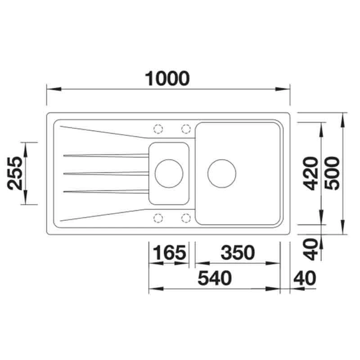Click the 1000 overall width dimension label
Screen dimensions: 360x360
coord(167,78)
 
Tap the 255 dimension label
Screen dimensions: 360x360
coord(15,173)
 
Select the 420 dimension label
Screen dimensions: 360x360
coord(310,173)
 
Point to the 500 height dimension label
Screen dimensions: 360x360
coord(332,173)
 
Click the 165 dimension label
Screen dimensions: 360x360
coord(169,252)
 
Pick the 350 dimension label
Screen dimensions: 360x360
coord(238,252)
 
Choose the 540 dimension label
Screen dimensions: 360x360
coord(215,278)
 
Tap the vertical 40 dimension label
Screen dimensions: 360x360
coord(310,249)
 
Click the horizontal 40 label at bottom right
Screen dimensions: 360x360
coord(305,278)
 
